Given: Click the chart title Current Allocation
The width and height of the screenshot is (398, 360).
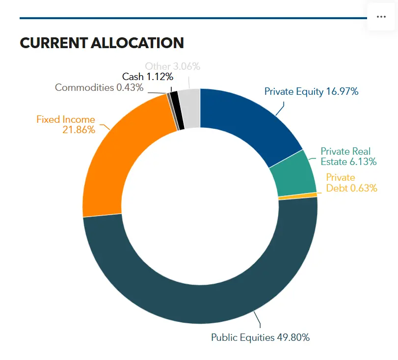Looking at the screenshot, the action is pyautogui.click(x=102, y=43).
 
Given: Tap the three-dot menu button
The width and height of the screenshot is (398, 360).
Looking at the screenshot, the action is pyautogui.click(x=381, y=17).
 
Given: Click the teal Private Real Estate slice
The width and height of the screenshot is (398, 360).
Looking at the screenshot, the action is pyautogui.click(x=294, y=175).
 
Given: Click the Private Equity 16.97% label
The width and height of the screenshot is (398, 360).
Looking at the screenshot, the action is pyautogui.click(x=311, y=91).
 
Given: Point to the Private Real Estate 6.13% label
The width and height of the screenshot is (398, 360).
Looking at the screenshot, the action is pyautogui.click(x=348, y=157).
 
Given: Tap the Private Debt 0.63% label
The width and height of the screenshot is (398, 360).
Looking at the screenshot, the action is pyautogui.click(x=351, y=183).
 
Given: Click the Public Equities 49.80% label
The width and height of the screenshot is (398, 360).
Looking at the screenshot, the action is pyautogui.click(x=261, y=337).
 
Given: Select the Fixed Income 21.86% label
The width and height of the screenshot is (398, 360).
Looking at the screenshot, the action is pyautogui.click(x=66, y=124).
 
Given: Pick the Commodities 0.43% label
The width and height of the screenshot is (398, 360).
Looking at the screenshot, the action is pyautogui.click(x=99, y=87).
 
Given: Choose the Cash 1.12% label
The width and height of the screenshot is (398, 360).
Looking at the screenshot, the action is pyautogui.click(x=148, y=77).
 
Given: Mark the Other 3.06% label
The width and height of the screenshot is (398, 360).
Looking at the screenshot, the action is pyautogui.click(x=173, y=66).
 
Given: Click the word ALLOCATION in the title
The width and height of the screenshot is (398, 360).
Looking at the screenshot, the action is pyautogui.click(x=137, y=43).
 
